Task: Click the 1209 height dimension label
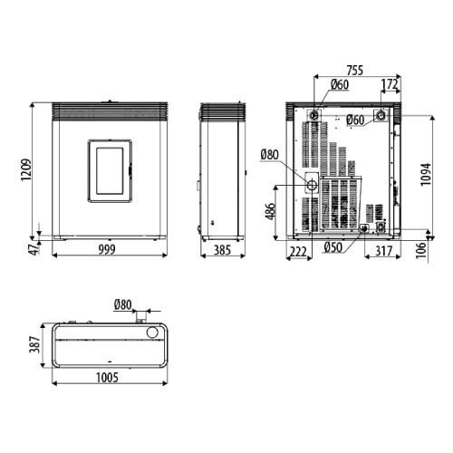coord(26,169)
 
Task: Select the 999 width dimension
coord(107,250)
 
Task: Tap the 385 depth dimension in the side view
coord(222,250)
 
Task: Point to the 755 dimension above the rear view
coord(355,71)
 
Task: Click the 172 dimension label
coord(390,84)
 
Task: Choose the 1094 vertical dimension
coord(426,175)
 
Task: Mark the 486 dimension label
coord(271,211)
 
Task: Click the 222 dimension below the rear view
coord(298,251)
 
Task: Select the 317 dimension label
coord(383,251)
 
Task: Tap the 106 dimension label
coord(421,250)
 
